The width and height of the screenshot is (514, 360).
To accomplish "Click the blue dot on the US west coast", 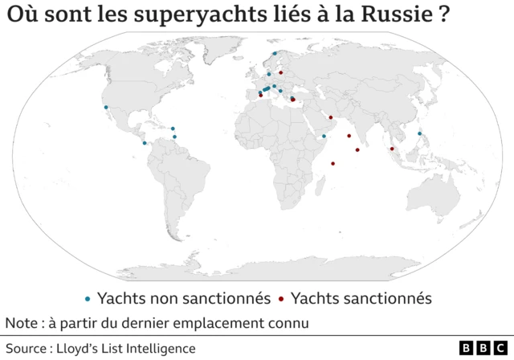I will pos(105,107).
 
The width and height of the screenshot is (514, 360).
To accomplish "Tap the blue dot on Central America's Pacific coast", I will pos(145,143).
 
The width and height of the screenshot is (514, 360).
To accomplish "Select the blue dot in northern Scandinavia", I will pos(275,54).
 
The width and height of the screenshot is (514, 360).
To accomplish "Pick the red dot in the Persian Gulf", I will pos(330,117).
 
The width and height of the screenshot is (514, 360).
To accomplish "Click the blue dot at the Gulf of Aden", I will pos(324,137).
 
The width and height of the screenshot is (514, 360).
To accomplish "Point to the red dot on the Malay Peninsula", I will pos(392,149).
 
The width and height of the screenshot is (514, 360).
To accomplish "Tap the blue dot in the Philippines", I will pos(419,133).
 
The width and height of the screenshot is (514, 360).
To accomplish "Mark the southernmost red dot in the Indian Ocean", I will pos(332,164).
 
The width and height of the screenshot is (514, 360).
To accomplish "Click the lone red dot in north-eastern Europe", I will pos(280,72).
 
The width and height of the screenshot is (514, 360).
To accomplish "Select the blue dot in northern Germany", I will pos(269,74).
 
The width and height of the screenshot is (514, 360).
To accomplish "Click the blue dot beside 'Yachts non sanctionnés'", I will pos(88,299).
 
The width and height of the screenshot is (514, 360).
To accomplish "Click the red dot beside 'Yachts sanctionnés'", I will pos(281,299).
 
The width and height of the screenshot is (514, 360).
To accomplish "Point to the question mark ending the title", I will pos(443,18).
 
